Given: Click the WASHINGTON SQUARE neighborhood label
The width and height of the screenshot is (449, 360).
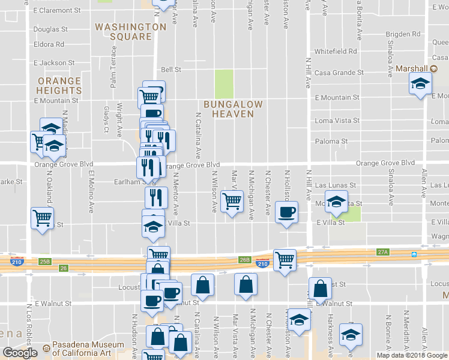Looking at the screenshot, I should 130,32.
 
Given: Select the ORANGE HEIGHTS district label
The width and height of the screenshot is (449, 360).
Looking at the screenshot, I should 59,85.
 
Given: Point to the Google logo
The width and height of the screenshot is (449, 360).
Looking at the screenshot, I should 20,353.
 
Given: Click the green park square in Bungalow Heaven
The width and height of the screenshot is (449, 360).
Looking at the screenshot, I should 224,83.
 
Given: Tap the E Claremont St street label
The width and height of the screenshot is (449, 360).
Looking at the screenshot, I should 58,11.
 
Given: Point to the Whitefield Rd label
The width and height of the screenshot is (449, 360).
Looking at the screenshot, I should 336,52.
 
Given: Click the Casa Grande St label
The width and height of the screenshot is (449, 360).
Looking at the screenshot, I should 340,72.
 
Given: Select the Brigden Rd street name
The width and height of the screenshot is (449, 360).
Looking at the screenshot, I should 403,34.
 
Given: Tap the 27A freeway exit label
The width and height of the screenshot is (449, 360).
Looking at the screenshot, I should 384,253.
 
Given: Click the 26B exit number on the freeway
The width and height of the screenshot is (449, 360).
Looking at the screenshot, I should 244,260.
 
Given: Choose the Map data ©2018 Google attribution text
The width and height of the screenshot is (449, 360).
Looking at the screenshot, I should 412,355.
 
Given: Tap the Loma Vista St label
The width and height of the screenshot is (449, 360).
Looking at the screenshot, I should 337,121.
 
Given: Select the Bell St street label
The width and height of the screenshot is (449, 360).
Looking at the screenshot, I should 170,70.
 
